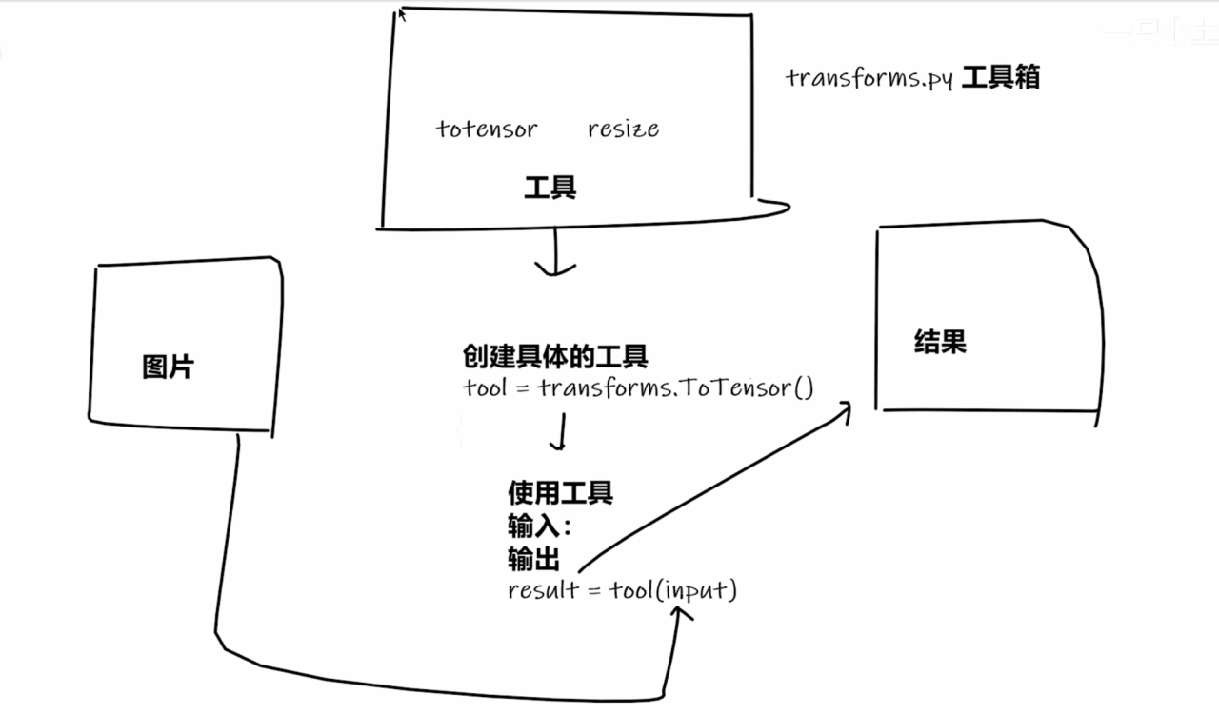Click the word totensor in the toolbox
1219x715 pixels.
(487, 129)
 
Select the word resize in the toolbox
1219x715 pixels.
(623, 129)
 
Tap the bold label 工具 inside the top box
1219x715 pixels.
(550, 188)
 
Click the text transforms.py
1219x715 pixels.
(869, 78)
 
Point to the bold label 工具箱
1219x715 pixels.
(1000, 77)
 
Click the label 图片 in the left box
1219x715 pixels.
(168, 367)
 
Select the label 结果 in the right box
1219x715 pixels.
(940, 342)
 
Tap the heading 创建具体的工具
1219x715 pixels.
(555, 357)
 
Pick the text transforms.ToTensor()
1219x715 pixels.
(675, 387)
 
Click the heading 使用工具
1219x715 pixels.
(560, 492)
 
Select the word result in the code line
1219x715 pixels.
(543, 589)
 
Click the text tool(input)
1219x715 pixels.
(673, 590)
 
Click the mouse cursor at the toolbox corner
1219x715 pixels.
(402, 13)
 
